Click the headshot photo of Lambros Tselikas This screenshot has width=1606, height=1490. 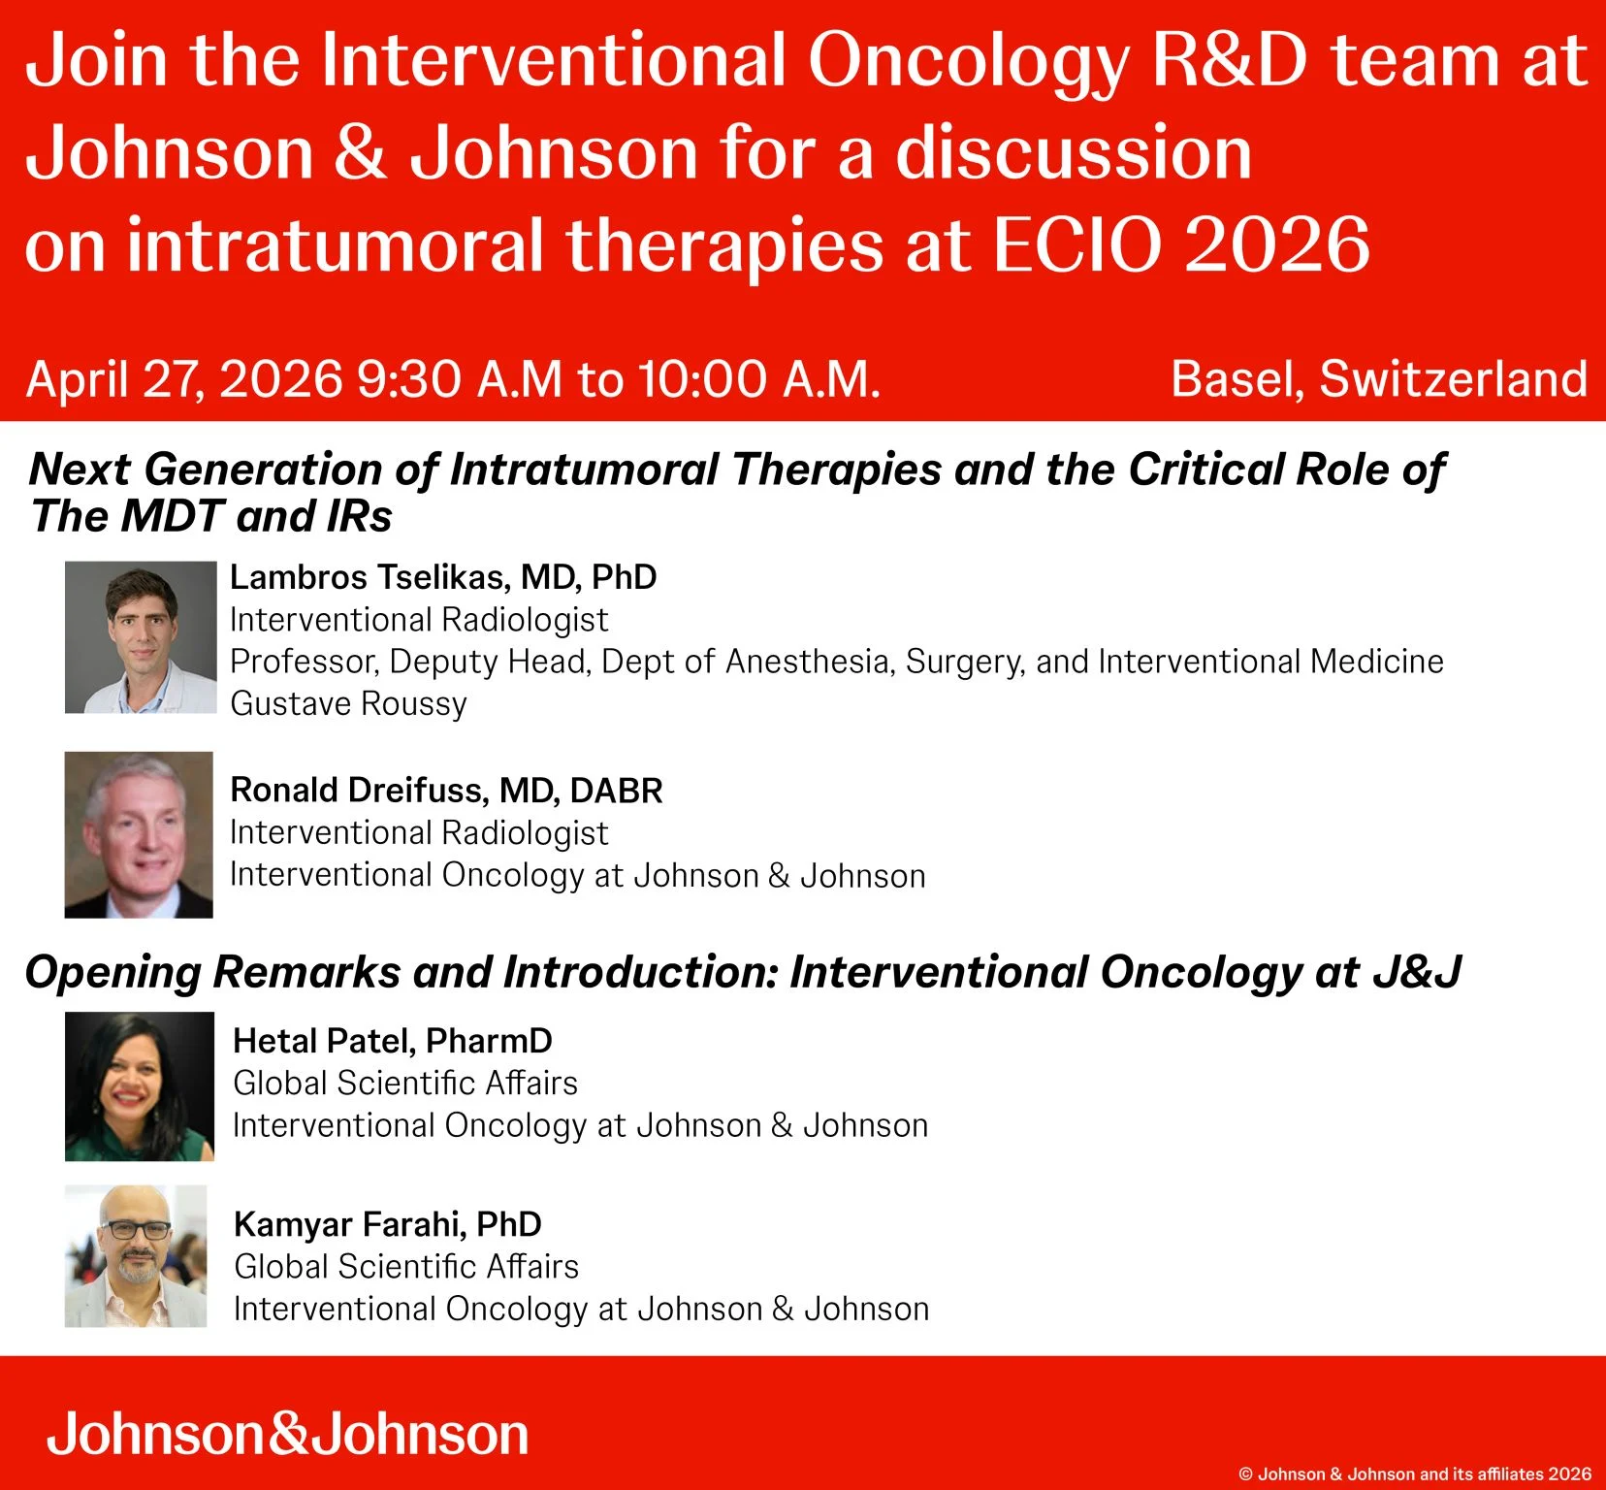tap(141, 637)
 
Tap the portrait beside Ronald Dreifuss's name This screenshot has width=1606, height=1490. tap(139, 834)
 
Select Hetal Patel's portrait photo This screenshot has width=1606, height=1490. tap(140, 1086)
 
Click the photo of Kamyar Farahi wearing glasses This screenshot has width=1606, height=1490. tap(136, 1256)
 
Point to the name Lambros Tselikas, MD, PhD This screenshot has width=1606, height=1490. tap(443, 577)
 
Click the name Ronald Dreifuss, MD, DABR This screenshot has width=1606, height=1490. tap(446, 791)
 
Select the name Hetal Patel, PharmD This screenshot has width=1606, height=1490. tap(393, 1041)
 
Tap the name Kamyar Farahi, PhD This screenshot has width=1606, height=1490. tap(388, 1224)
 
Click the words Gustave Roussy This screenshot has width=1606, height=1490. tap(348, 703)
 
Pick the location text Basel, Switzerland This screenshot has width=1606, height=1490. tap(1378, 379)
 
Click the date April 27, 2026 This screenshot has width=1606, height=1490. tap(184, 379)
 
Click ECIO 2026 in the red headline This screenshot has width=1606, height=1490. tap(1181, 244)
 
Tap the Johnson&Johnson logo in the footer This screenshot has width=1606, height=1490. tap(287, 1434)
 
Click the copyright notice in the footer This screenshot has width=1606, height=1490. tap(1415, 1474)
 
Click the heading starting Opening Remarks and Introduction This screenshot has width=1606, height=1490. tap(742, 972)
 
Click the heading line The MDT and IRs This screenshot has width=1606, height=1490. tap(211, 516)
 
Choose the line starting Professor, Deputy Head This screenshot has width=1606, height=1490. tap(836, 662)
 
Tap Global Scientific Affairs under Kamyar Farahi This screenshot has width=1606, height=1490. tap(406, 1267)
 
